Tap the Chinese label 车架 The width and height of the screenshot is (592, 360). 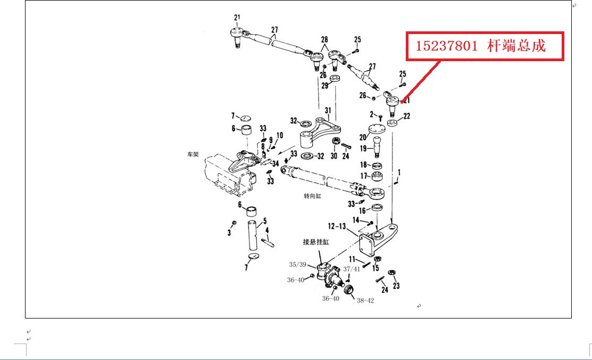pos(192,155)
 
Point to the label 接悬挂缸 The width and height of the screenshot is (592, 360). pos(315,242)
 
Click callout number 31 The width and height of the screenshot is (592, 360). pos(328,111)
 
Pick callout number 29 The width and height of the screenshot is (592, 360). pos(324,85)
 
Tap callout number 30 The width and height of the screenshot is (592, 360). pos(334,156)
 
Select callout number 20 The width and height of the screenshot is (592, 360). pos(363,137)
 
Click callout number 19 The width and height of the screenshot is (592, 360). pos(363,149)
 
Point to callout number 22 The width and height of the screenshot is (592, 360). pos(407,116)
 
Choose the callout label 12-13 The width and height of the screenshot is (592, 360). pos(338,227)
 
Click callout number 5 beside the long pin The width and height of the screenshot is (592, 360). pos(264,221)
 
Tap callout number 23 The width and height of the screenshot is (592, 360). pos(396,286)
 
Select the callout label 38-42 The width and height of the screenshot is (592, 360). pos(365,300)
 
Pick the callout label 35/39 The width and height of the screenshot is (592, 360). pos(297,264)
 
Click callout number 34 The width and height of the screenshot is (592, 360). pos(276,163)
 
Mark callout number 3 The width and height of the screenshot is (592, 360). pos(230,232)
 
